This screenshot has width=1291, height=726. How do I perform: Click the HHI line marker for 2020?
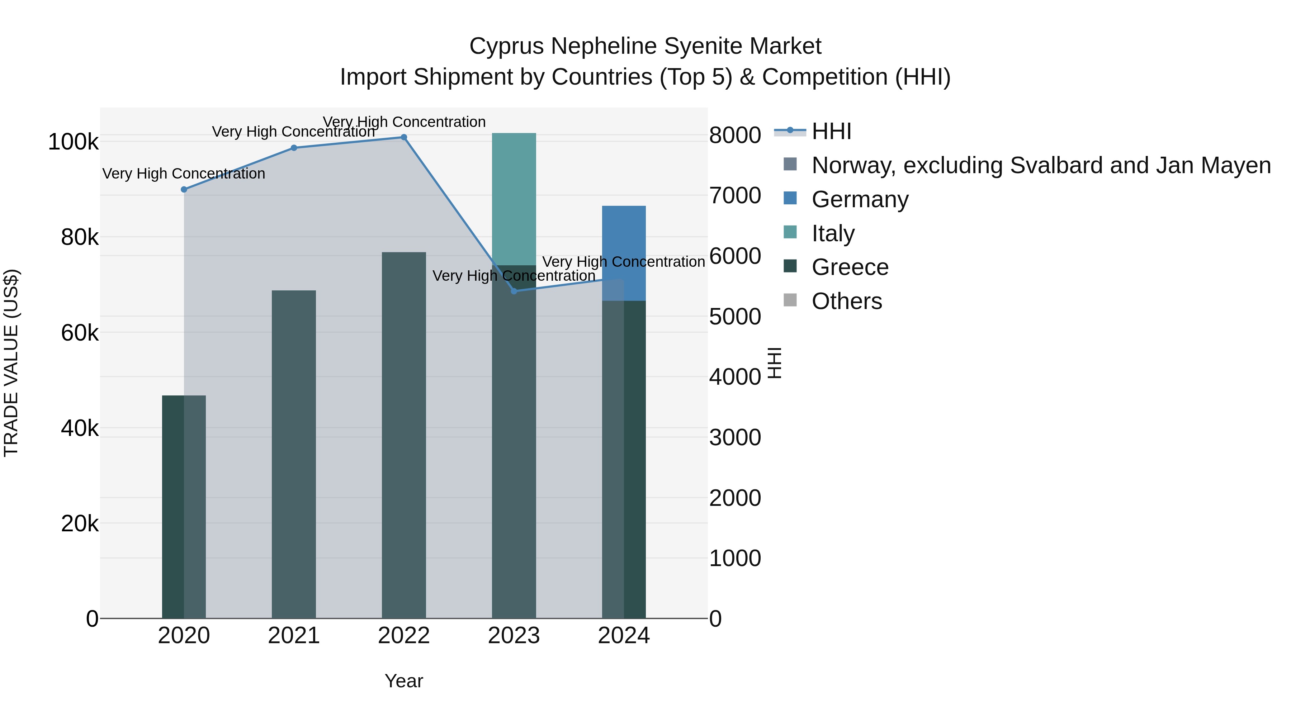pyautogui.click(x=184, y=189)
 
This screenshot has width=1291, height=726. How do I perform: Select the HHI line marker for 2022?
pyautogui.click(x=404, y=137)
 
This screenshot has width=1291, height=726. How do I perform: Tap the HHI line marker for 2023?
pyautogui.click(x=514, y=291)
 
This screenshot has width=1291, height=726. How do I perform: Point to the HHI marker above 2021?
pyautogui.click(x=294, y=148)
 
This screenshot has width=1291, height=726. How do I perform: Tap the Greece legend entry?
pyautogui.click(x=850, y=267)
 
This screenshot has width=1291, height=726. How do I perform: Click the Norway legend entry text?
pyautogui.click(x=1041, y=165)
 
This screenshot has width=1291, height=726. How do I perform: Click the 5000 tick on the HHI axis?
pyautogui.click(x=735, y=317)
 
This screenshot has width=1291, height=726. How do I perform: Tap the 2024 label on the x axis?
pyautogui.click(x=624, y=636)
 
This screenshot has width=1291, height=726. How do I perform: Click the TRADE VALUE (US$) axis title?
pyautogui.click(x=11, y=363)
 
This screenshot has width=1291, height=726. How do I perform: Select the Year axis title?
pyautogui.click(x=403, y=681)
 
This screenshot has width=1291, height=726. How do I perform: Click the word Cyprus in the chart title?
pyautogui.click(x=506, y=46)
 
